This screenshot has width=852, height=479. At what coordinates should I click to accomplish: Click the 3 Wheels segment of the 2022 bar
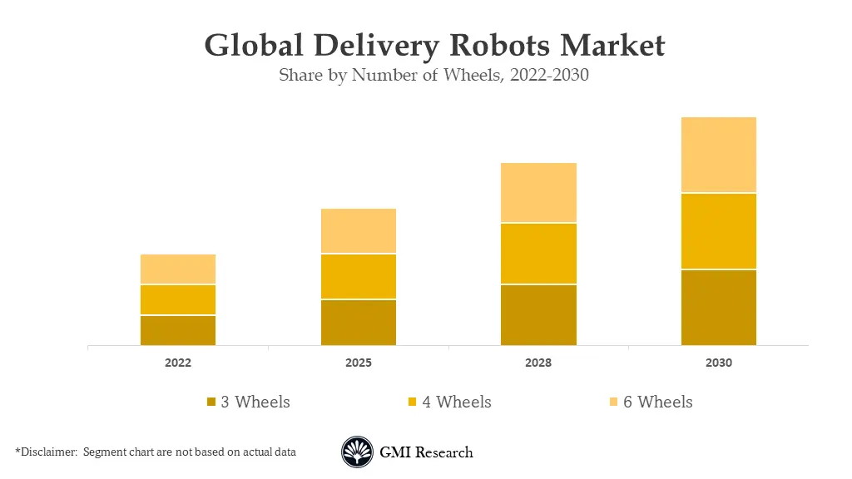coord(178,330)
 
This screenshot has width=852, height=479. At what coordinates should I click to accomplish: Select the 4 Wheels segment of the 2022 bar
coord(178,299)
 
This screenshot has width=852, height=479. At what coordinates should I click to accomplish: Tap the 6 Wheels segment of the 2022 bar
coord(178,269)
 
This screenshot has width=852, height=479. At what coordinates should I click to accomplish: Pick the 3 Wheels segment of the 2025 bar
coord(359,322)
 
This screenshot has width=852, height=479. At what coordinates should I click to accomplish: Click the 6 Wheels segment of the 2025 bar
coord(359,230)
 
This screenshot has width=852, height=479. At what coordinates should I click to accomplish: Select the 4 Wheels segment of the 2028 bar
coord(538,254)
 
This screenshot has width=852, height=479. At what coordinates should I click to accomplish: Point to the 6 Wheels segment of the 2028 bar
coord(538,192)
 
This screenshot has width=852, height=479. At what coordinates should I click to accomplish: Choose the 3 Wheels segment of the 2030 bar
coord(719,307)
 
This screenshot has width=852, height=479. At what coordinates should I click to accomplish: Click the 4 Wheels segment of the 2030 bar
coord(719,231)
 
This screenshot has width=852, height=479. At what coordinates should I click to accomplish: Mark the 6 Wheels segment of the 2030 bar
coord(719,155)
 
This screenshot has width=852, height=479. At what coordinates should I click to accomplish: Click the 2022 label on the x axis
coord(178,363)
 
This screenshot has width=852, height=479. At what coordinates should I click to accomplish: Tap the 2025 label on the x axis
coord(359,363)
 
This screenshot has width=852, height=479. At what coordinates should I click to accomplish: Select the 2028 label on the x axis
coord(538,363)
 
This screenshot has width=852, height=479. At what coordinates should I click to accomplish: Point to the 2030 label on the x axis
coord(719,363)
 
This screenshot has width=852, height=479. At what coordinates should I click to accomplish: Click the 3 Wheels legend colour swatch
coord(212,402)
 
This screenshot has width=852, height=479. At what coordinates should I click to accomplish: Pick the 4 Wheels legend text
coord(456,402)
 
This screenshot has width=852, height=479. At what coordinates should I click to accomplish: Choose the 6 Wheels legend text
coord(657,402)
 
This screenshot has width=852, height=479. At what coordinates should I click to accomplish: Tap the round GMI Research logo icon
coord(358,452)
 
